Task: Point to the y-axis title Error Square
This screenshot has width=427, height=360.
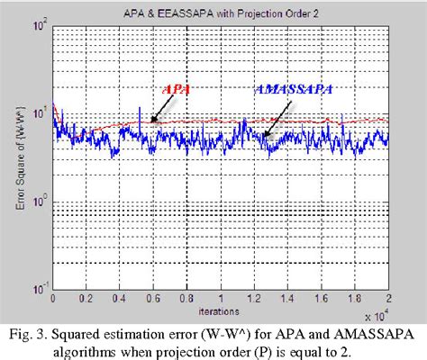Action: coord(20,158)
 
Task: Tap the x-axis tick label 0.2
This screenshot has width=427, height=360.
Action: coord(86,296)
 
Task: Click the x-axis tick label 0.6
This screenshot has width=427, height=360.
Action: coord(153,296)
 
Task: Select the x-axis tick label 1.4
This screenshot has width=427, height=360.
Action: coord(287,296)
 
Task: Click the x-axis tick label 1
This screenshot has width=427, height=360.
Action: coord(221,296)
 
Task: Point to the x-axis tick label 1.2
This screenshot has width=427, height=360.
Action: coord(254,296)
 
